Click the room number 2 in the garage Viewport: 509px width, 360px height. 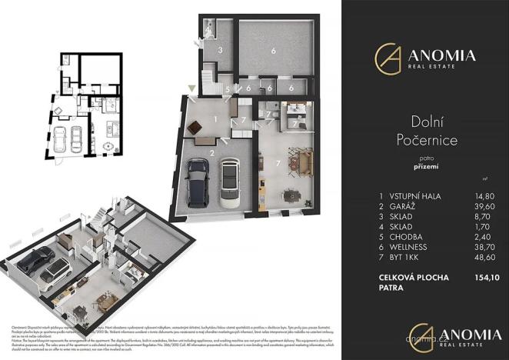[211, 152]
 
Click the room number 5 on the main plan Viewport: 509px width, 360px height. [228, 90]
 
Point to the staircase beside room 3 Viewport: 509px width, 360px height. [208, 77]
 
